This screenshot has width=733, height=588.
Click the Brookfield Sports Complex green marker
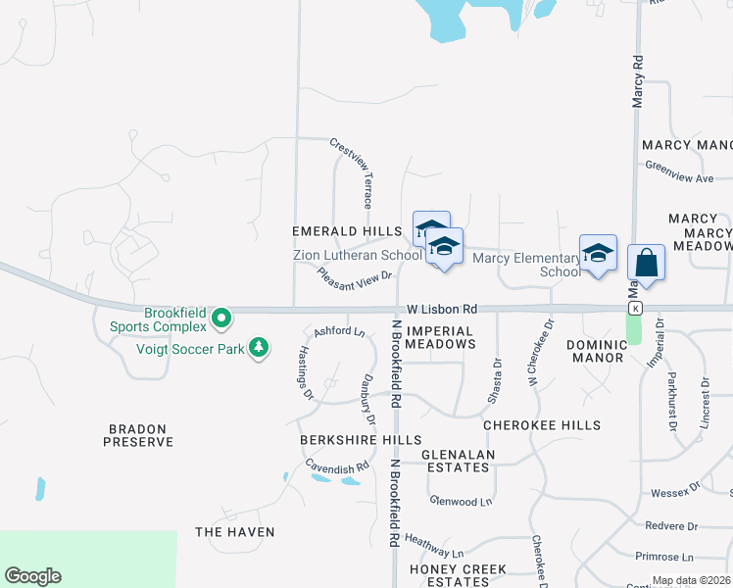(221, 318)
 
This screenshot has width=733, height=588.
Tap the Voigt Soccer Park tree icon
(259, 348)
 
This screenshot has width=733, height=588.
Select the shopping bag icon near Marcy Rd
(646, 262)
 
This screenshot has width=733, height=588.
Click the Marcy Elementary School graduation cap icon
(598, 253)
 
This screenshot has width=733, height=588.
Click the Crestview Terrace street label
(352, 172)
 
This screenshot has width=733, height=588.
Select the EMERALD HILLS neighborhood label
(347, 231)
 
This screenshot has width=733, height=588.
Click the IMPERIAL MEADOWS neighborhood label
(440, 338)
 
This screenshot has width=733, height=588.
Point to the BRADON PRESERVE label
(138, 436)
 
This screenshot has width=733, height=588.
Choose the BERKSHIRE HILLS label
(361, 440)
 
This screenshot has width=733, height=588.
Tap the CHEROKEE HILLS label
(542, 425)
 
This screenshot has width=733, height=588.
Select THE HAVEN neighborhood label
(234, 532)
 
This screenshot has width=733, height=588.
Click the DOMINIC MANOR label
(595, 351)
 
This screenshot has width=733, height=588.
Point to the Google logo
(32, 576)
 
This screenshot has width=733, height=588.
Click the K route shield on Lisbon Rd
(635, 309)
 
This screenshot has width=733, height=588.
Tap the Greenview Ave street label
(679, 179)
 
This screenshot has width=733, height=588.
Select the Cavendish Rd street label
(336, 468)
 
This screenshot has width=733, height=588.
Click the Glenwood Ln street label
(461, 502)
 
